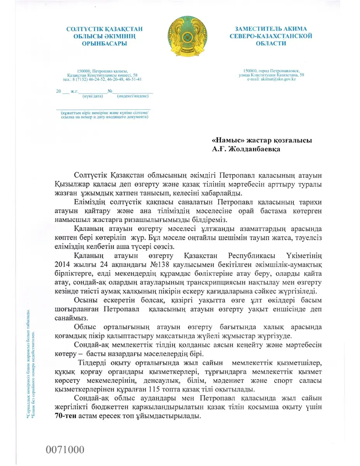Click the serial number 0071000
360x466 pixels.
[65, 450]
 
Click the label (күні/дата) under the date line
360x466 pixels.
[92, 96]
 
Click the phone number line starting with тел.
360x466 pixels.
[102, 79]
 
